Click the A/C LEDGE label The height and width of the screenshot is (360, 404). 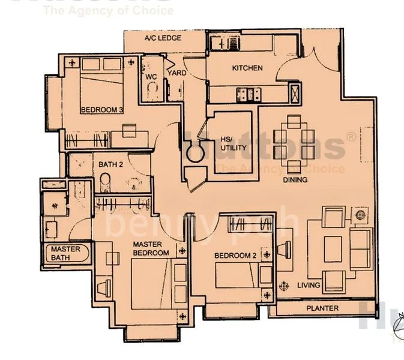tap(163, 38)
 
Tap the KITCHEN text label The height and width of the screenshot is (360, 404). tap(247, 68)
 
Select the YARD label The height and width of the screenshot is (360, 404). tap(176, 73)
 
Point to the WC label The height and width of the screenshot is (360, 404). tap(151, 77)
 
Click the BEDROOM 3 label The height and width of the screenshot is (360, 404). tap(101, 110)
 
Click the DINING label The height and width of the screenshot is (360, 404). tap(295, 179)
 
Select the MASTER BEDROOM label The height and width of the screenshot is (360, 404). tap(151, 248)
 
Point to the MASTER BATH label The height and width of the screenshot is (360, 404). tap(65, 253)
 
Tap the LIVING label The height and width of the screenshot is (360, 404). tap(309, 285)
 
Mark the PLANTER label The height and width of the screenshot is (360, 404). tap(322, 308)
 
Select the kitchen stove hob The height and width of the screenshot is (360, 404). tap(248, 93)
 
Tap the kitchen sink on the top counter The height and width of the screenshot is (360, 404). tap(224, 42)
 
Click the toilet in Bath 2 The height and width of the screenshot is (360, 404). tap(105, 179)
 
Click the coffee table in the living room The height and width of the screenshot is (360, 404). tap(332, 246)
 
